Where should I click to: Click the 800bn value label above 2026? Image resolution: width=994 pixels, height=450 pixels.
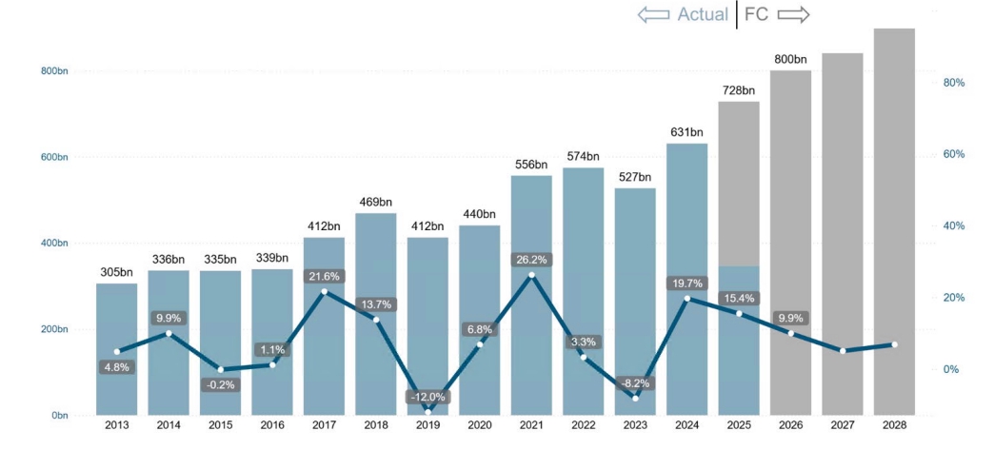coord(791,60)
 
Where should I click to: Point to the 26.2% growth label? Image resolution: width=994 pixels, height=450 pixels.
coord(531,260)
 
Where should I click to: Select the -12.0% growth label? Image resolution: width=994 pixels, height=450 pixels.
coord(427,397)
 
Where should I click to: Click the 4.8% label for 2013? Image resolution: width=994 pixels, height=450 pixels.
coord(117,367)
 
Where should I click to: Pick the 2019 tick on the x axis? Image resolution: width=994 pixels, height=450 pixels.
coord(427,425)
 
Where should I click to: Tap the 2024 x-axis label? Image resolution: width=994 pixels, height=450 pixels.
coord(686,425)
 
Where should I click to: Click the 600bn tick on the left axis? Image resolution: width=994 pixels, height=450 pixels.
coord(55,157)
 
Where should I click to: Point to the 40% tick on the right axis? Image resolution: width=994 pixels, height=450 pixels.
coord(953,226)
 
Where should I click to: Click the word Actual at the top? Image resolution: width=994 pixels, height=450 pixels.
coord(703,14)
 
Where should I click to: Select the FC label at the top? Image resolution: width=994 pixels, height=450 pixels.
coord(756,14)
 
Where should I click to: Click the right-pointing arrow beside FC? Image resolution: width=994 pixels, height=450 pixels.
coord(793,14)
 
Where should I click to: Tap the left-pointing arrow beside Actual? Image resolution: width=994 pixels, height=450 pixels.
coord(654,14)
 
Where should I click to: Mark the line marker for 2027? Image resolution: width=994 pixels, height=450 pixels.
coord(843,351)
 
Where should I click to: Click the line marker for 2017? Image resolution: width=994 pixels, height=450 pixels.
coord(324,291)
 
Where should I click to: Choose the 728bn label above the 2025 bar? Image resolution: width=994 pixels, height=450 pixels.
coord(738,90)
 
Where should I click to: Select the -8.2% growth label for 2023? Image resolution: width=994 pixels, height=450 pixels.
coord(635,383)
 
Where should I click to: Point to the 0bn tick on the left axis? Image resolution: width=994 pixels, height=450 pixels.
coord(58,416)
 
